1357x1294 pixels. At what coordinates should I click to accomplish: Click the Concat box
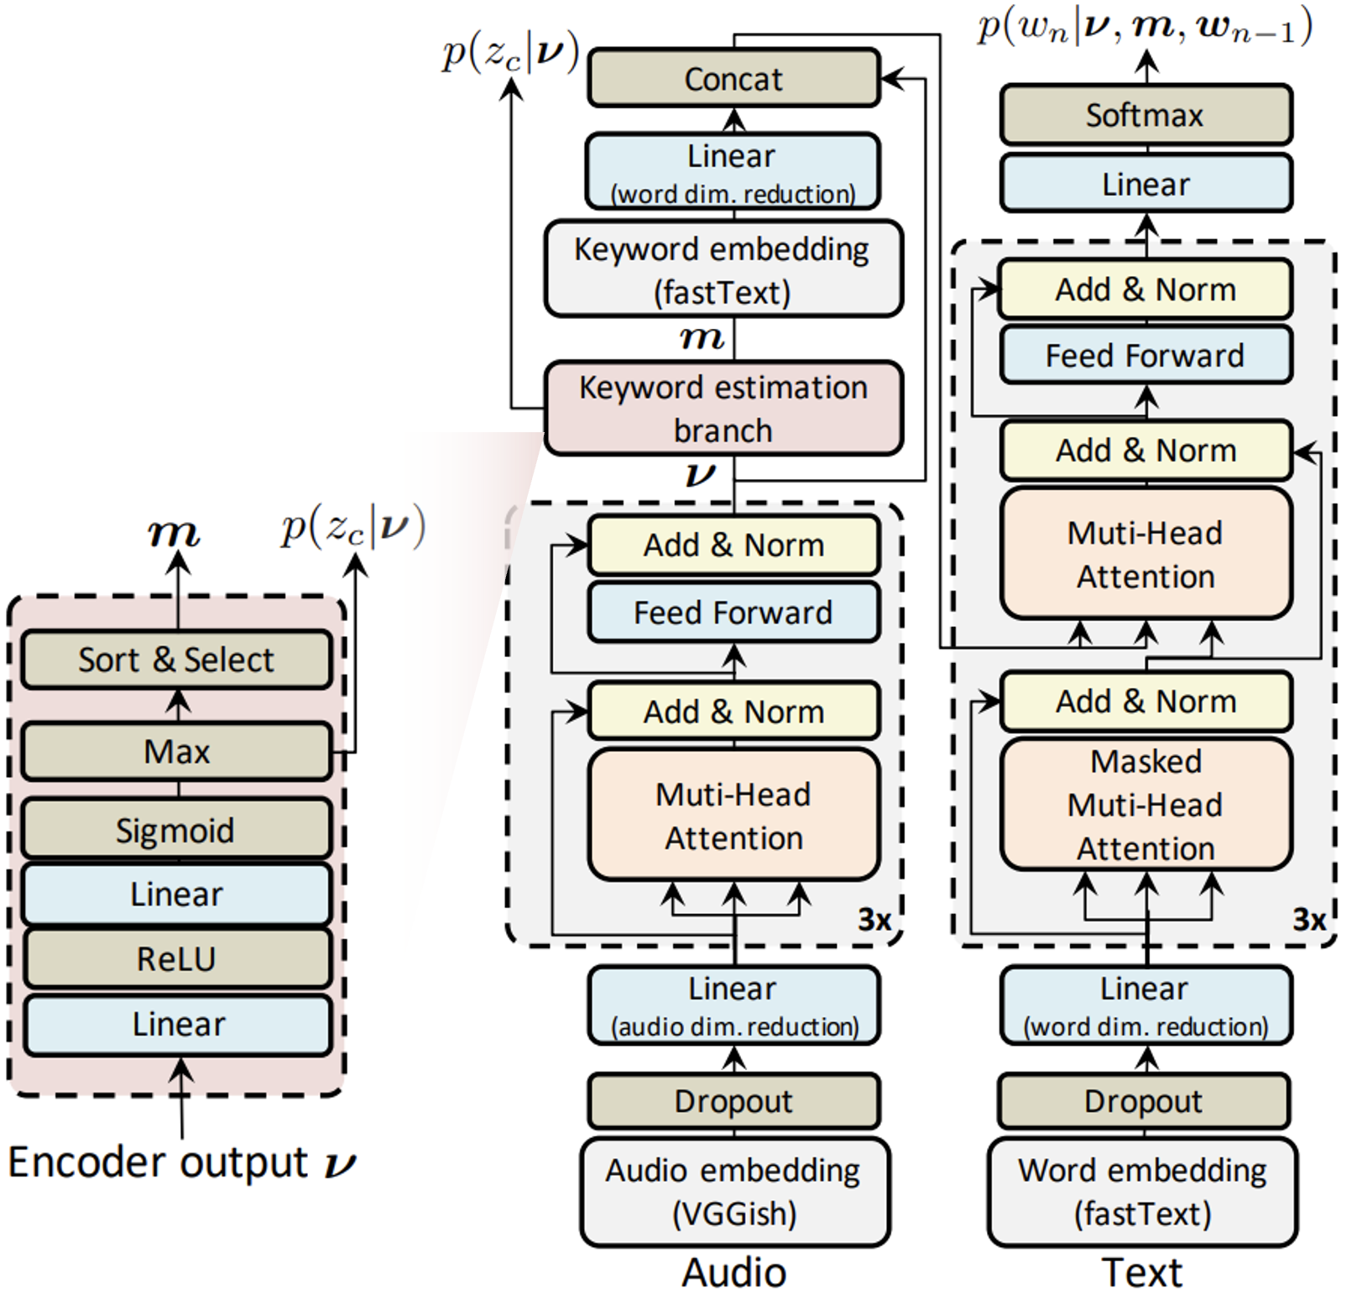point(733,78)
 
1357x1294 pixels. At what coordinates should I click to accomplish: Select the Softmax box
point(1146,114)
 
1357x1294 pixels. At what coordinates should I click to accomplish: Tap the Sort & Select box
point(176,660)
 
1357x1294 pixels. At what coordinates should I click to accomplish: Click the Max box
point(176,751)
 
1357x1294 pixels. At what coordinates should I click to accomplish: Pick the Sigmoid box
point(176,829)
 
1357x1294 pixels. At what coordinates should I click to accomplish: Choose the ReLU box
point(176,957)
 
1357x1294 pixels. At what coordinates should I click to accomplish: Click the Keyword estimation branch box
point(723,409)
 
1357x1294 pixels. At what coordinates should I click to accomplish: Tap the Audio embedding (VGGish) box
point(734,1192)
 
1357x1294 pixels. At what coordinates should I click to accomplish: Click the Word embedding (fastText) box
point(1142,1192)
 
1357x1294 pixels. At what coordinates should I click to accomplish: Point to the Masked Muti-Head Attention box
point(1146,804)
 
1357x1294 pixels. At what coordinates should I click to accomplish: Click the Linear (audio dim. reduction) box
point(733,1005)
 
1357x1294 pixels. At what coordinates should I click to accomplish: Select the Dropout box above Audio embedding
point(733,1101)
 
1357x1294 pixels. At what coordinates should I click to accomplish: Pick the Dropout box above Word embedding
point(1144,1101)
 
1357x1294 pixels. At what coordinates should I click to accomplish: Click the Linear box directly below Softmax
point(1146,183)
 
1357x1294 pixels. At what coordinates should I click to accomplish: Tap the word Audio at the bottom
point(734,1272)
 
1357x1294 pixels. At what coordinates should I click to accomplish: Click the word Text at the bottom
point(1142,1272)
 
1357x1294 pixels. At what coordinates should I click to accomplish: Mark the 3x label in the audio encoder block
point(874,921)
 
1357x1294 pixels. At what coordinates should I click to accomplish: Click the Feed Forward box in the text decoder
point(1146,355)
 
